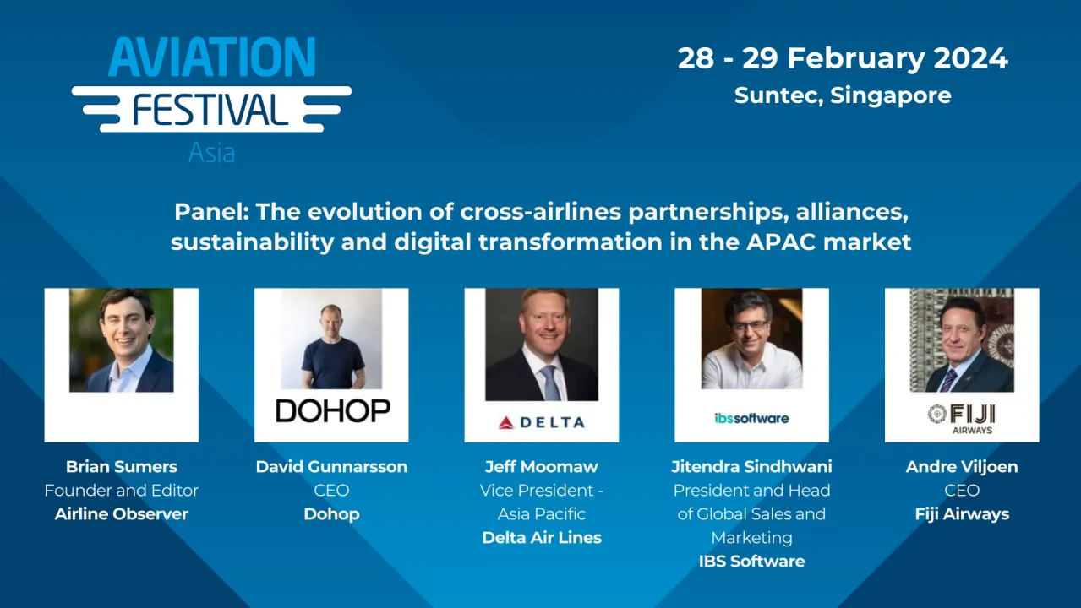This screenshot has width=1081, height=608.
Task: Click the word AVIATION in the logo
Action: click(x=211, y=58)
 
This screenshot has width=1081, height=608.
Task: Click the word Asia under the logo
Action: click(x=211, y=153)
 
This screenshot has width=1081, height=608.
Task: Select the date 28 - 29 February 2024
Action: click(x=843, y=58)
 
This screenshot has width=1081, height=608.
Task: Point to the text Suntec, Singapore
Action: click(x=843, y=95)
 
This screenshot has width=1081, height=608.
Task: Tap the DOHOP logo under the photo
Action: click(x=332, y=410)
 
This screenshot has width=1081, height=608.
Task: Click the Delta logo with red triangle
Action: click(x=541, y=421)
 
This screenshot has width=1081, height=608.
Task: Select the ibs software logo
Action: click(x=751, y=418)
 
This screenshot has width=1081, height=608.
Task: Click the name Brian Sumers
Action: click(x=122, y=466)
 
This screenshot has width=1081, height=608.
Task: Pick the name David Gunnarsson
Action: click(x=331, y=466)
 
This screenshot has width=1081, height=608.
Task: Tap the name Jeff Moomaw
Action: click(x=542, y=466)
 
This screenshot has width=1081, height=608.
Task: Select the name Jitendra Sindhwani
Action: click(x=751, y=466)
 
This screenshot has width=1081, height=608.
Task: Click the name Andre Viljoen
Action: click(x=962, y=466)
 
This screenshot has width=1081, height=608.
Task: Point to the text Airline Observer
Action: click(x=122, y=513)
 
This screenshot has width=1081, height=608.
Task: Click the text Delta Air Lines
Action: click(x=542, y=537)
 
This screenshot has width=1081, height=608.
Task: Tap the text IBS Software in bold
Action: click(x=751, y=561)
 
